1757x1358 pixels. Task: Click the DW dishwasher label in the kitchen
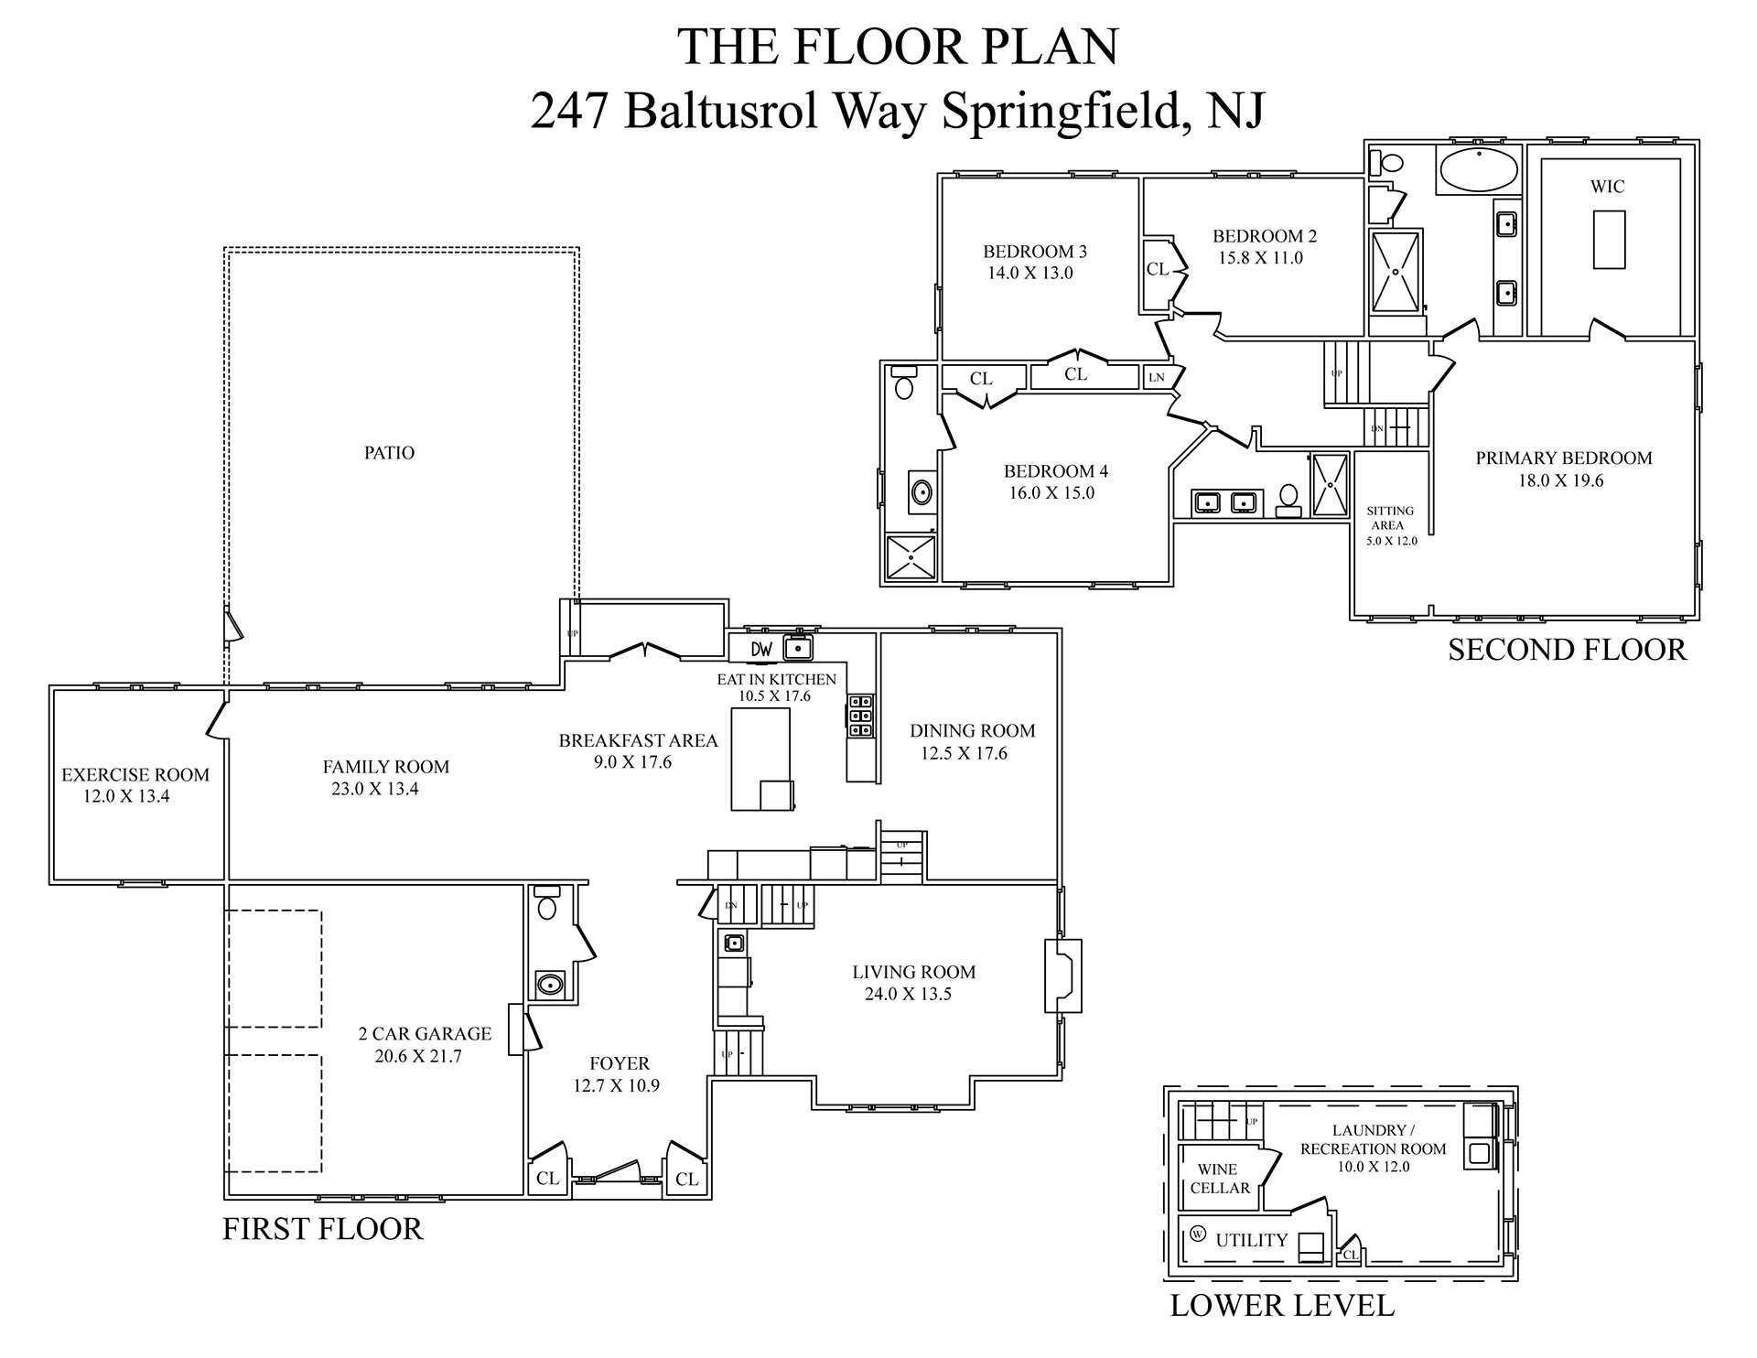click(x=761, y=650)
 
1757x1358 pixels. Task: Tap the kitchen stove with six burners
click(x=860, y=717)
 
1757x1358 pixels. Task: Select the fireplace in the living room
click(x=1062, y=976)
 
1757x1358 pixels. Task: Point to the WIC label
click(x=1607, y=187)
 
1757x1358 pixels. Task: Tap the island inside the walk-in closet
click(x=1609, y=239)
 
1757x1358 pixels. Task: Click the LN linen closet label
click(x=1157, y=377)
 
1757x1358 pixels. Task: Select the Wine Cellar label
click(x=1219, y=1179)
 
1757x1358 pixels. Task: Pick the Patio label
click(x=389, y=453)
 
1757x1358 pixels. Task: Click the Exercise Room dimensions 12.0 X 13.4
click(x=126, y=796)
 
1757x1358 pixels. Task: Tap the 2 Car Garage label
click(x=425, y=1034)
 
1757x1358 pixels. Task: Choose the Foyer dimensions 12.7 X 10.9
click(x=616, y=1086)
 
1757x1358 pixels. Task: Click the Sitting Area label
click(x=1390, y=518)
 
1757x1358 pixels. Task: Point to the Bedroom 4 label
click(x=1056, y=471)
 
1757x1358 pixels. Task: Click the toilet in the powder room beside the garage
click(x=547, y=905)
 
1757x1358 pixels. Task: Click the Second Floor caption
click(x=1567, y=650)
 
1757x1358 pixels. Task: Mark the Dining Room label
click(x=972, y=730)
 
